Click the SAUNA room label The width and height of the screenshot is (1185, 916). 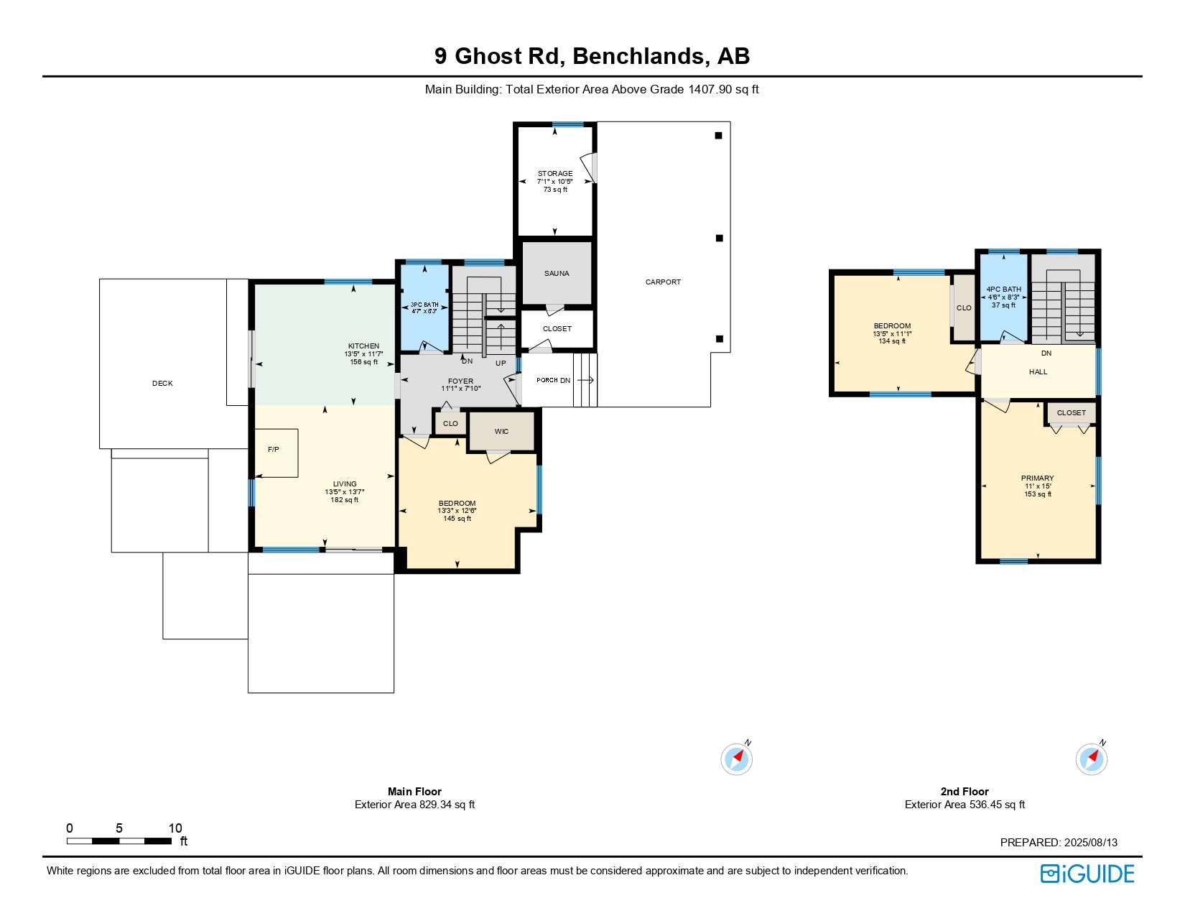click(557, 273)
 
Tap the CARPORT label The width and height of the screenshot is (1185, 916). click(663, 282)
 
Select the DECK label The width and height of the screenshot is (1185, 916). click(162, 384)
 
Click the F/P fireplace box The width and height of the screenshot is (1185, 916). click(276, 453)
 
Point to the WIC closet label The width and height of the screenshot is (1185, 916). click(501, 432)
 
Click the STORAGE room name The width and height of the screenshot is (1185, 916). click(555, 173)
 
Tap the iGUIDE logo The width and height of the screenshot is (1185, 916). click(1087, 874)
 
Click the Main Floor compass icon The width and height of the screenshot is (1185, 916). click(737, 759)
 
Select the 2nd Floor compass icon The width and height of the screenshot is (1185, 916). click(1092, 759)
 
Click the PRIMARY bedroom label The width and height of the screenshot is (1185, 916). click(1037, 478)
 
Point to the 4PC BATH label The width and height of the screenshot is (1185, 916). click(1003, 289)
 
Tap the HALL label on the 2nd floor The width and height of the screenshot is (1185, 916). click(1038, 372)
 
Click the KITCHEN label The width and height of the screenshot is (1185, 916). click(363, 346)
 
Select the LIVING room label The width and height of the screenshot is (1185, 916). click(345, 484)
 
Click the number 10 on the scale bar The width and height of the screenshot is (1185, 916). click(175, 828)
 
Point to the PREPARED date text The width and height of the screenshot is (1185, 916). click(1059, 842)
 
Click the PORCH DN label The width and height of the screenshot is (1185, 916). click(553, 380)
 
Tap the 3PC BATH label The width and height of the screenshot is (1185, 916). click(424, 305)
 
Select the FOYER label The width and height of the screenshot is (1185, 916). click(460, 381)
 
